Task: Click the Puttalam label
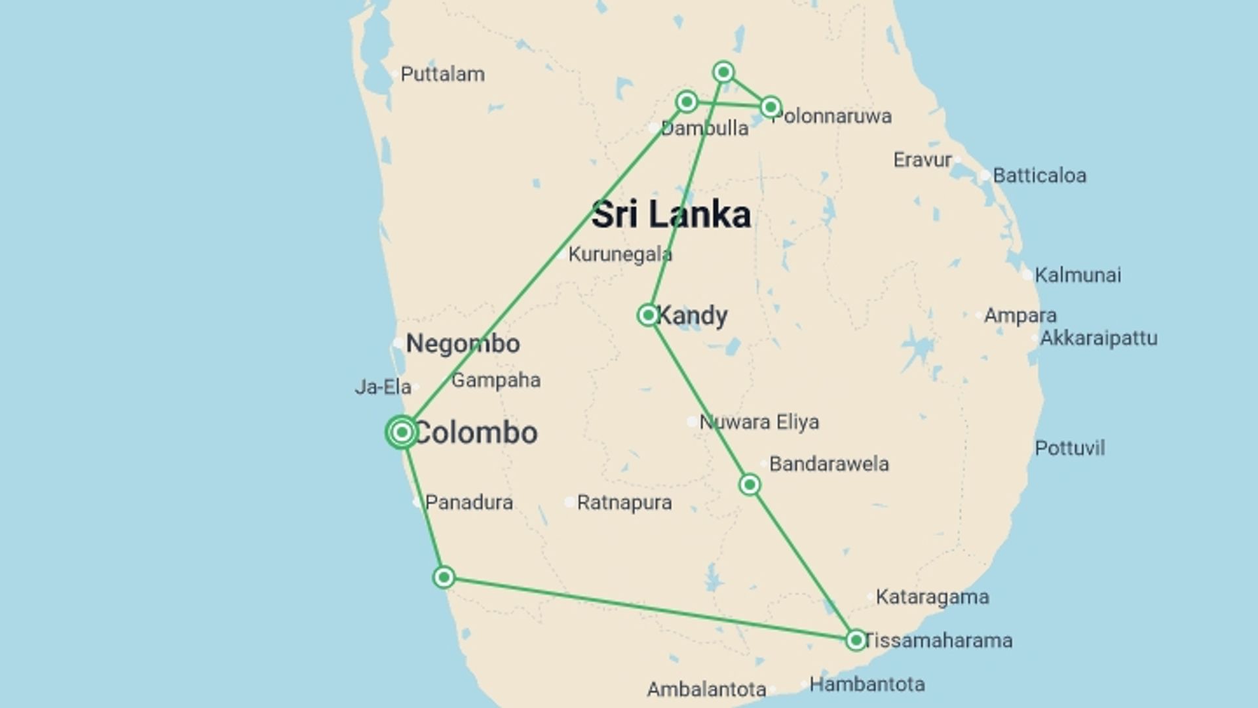[x=442, y=74]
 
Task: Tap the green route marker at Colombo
[x=402, y=432]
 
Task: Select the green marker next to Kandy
[x=648, y=315]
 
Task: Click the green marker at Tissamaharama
[x=856, y=640]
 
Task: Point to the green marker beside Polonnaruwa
[x=771, y=106]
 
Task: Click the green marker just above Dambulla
[x=687, y=102]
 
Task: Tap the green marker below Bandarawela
[x=750, y=484]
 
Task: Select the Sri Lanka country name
[x=671, y=215]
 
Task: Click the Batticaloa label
[x=1039, y=176]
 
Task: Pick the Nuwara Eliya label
[x=759, y=422]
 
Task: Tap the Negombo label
[x=463, y=344]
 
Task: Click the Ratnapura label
[x=624, y=503]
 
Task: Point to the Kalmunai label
[x=1077, y=275]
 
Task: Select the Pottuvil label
[x=1069, y=448]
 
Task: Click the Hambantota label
[x=867, y=684]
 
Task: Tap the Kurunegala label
[x=620, y=254]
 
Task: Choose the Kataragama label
[x=932, y=597]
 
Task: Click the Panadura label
[x=468, y=503]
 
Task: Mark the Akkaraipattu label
[x=1098, y=338]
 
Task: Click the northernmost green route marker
[x=723, y=71]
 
